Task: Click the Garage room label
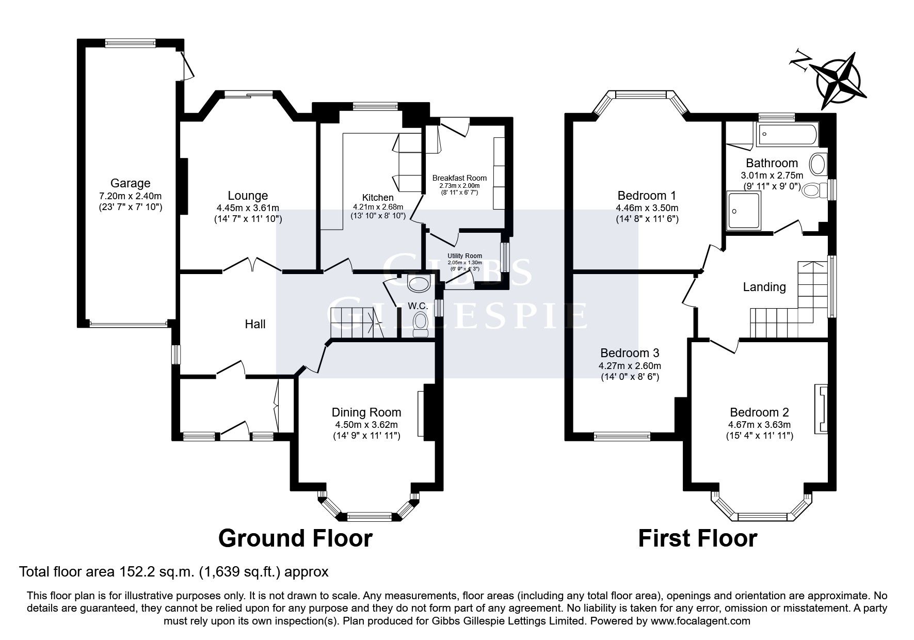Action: [x=130, y=183]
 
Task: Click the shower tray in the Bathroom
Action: [x=744, y=210]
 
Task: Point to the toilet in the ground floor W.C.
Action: [x=421, y=325]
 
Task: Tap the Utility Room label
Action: [x=465, y=256]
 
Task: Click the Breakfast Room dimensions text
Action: [x=459, y=189]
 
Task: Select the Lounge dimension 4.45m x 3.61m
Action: [x=248, y=208]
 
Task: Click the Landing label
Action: [x=764, y=287]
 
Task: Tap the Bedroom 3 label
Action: [x=629, y=353]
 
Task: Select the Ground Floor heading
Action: [x=295, y=538]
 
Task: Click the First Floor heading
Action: [x=697, y=538]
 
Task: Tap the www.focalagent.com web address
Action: [x=700, y=621]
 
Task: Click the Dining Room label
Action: [x=366, y=412]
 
